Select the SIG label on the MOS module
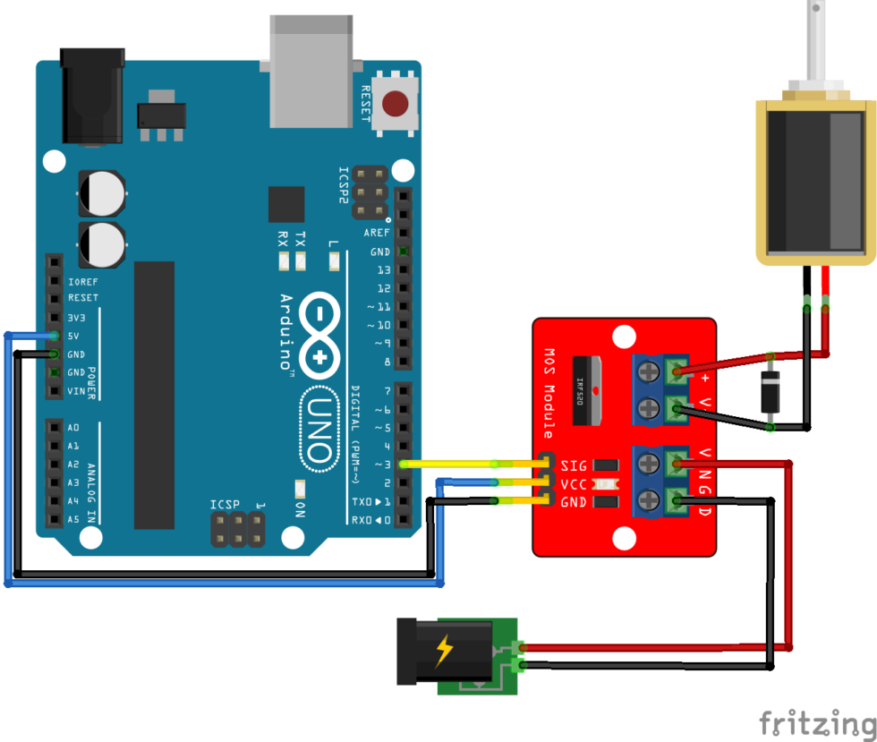pos(574,465)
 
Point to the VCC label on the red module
pos(574,484)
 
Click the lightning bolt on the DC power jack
pos(444,651)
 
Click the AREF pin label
pos(377,233)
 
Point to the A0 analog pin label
pos(73,428)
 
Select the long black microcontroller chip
pos(154,395)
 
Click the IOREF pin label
pos(83,281)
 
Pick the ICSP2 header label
pos(343,186)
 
